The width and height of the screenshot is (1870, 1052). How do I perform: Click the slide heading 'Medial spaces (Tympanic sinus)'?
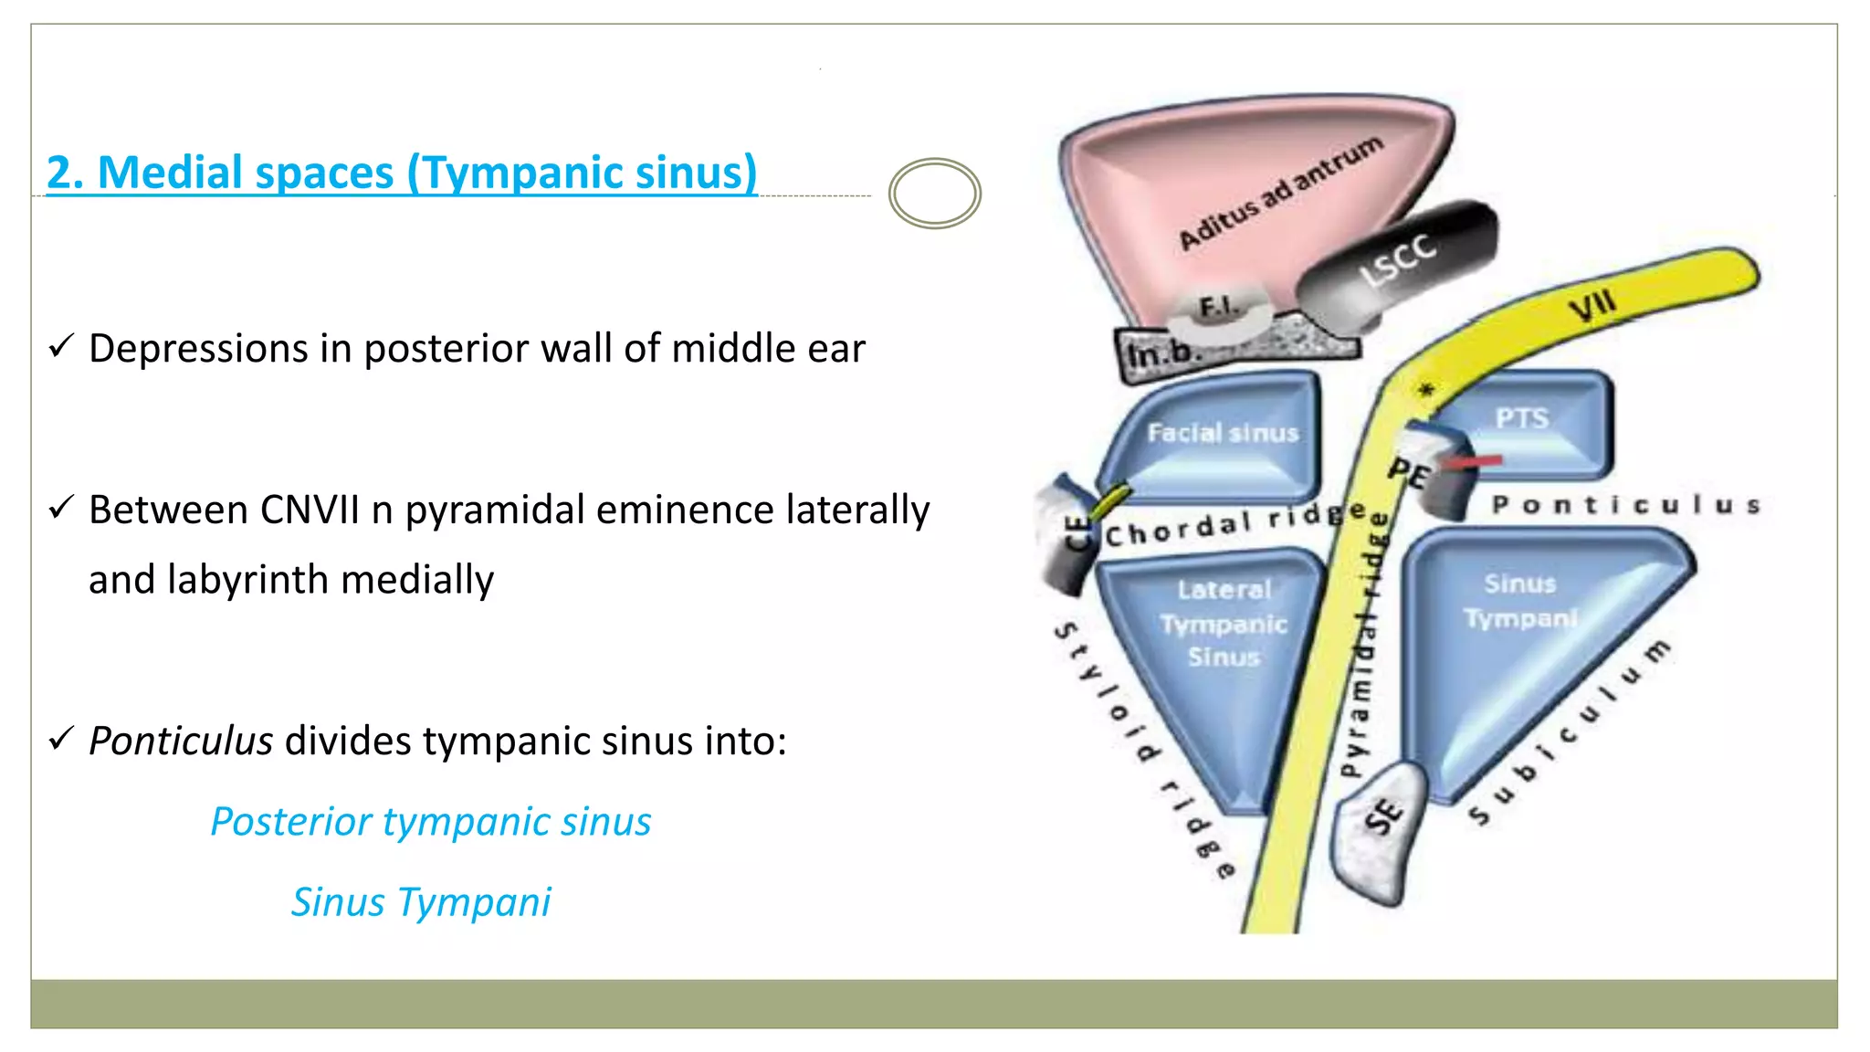point(402,173)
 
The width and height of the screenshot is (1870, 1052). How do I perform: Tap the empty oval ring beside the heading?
point(934,194)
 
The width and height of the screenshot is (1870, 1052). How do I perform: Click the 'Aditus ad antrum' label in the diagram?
point(1279,194)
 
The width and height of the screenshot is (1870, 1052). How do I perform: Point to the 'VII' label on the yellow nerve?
point(1592,306)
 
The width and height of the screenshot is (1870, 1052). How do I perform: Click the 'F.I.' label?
point(1218,307)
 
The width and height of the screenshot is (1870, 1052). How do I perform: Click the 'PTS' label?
point(1521,418)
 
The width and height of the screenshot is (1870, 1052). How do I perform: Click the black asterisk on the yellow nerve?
point(1425,391)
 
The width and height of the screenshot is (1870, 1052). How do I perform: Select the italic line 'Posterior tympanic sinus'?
point(430,821)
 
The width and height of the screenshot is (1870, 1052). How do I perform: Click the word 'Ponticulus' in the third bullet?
point(180,741)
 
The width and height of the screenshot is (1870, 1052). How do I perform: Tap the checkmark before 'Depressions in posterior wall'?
point(61,347)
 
